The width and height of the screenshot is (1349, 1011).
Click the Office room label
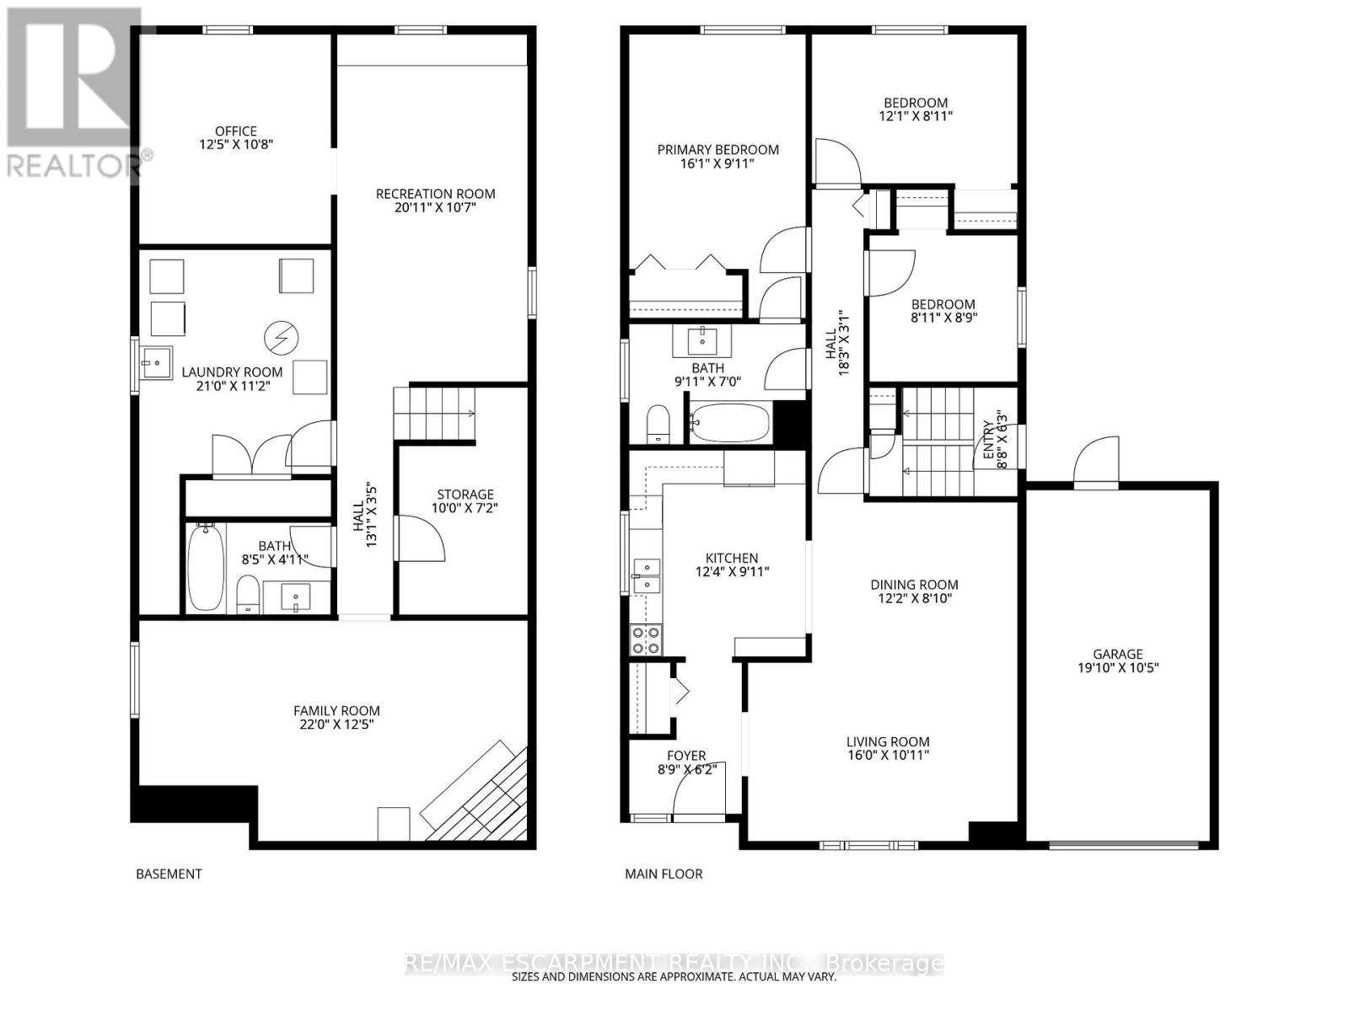[x=235, y=131]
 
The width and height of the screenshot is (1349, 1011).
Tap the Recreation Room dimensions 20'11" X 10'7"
[x=435, y=207]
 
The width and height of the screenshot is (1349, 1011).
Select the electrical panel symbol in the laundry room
[x=281, y=338]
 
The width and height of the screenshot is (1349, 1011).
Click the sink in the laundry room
[x=155, y=363]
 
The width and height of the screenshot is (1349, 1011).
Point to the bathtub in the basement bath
[x=205, y=567]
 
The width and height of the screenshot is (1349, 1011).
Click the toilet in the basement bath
[x=247, y=594]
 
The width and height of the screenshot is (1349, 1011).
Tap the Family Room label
[x=336, y=710]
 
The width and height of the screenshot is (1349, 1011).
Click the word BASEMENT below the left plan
[x=169, y=874]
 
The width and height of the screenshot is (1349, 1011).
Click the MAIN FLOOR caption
[x=664, y=874]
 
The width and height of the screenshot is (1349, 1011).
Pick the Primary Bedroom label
[x=717, y=149]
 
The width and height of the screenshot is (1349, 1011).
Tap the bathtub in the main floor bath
[x=730, y=423]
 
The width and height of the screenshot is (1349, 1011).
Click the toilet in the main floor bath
[x=657, y=423]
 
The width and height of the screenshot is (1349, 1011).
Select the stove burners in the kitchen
[x=646, y=640]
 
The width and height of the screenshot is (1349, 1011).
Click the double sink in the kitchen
[x=647, y=575]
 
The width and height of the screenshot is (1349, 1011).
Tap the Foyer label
[x=686, y=756]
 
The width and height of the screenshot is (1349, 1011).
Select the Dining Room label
[x=914, y=584]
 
